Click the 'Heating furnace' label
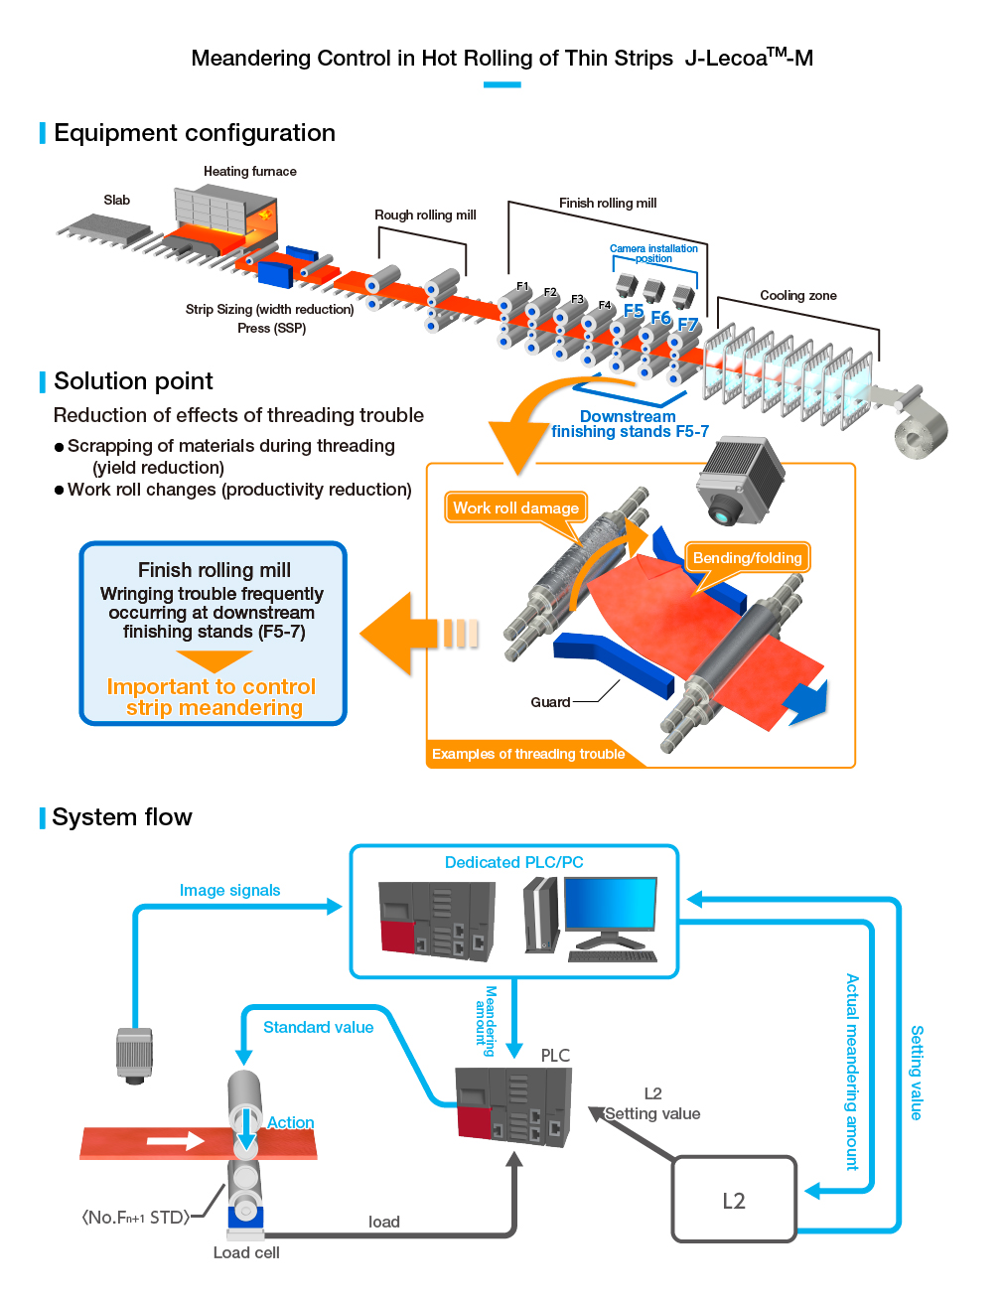[x=250, y=171]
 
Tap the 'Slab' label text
[x=117, y=200]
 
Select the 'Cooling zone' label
[x=797, y=295]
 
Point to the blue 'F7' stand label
[x=687, y=325]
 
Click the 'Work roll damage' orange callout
[x=515, y=507]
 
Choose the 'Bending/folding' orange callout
[x=747, y=557]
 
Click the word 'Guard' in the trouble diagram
[x=550, y=702]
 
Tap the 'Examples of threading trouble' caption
[x=528, y=754]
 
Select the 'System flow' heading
[x=122, y=817]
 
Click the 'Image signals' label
[x=229, y=890]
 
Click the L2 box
[x=734, y=1200]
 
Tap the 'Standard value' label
[x=318, y=1027]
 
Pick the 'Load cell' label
[x=246, y=1252]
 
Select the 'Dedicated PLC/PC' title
[x=513, y=862]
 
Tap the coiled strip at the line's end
[x=921, y=431]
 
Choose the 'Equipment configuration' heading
[x=195, y=133]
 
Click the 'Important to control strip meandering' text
[x=213, y=697]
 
